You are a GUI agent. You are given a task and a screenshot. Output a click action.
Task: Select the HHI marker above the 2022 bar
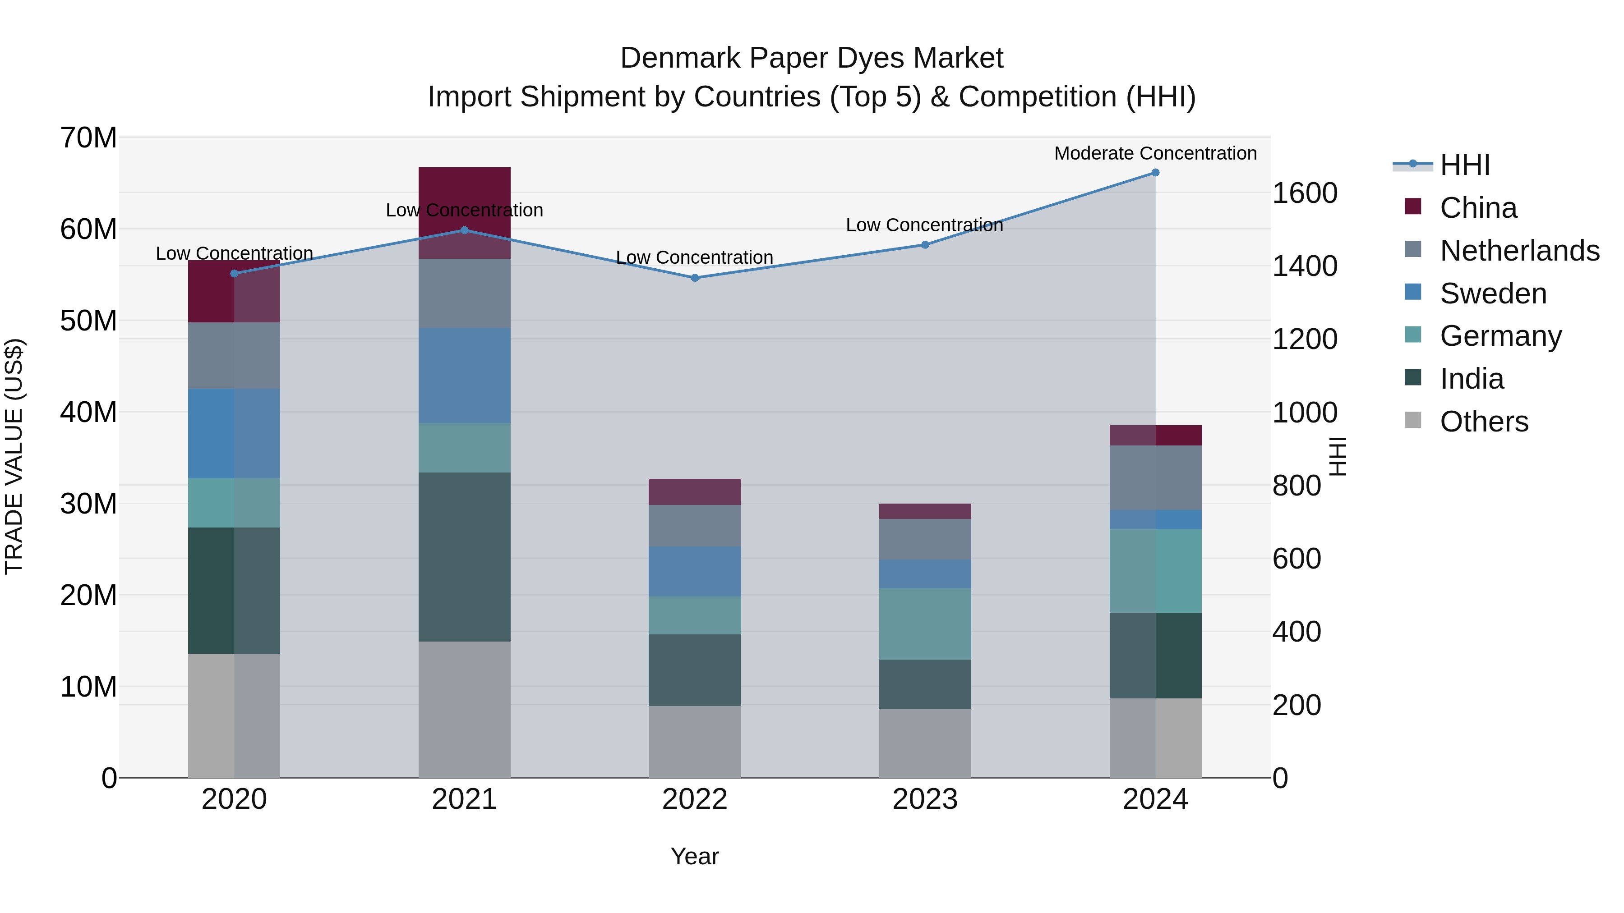(695, 278)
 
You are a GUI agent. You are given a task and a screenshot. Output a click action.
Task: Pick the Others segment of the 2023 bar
(925, 743)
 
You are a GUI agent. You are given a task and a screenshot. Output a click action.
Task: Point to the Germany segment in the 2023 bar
(925, 624)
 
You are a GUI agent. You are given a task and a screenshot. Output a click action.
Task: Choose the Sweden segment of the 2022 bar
(695, 572)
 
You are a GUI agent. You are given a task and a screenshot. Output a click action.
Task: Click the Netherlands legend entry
(1519, 251)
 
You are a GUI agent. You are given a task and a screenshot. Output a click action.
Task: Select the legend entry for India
(1472, 379)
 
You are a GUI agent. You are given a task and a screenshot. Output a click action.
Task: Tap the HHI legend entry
(1464, 165)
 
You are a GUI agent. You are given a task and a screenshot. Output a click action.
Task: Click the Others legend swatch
(1413, 420)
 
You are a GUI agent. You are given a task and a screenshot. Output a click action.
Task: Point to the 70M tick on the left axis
(88, 138)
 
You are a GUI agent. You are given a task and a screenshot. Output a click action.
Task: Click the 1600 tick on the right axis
(1304, 193)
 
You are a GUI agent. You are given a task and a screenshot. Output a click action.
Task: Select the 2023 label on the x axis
(925, 799)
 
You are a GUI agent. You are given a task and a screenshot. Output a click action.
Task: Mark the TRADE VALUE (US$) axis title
(14, 456)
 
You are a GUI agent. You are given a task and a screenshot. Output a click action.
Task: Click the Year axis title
(694, 856)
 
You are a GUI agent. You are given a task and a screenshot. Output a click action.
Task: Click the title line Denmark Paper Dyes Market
(812, 58)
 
